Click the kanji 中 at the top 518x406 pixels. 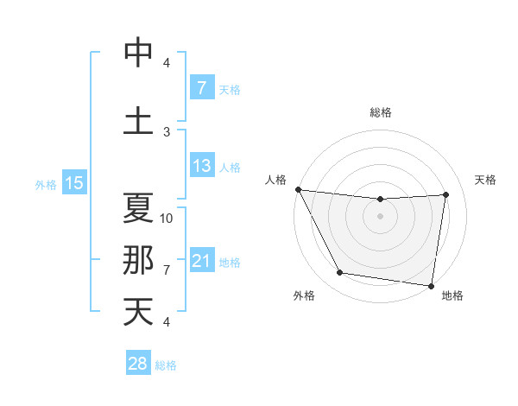(138, 52)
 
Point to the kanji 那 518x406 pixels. (138, 259)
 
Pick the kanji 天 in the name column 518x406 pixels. (138, 311)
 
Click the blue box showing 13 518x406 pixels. (201, 167)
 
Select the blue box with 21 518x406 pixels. (201, 262)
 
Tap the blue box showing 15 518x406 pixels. (73, 183)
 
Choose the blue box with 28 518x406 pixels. (137, 364)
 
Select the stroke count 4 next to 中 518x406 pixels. (167, 62)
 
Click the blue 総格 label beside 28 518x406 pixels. (166, 365)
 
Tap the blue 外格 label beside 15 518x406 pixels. (45, 184)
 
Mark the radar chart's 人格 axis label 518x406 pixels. (277, 180)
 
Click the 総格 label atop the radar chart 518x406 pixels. (380, 112)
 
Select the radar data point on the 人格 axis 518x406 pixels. (298, 189)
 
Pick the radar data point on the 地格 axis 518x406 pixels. (431, 285)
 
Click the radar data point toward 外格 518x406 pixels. (339, 273)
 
